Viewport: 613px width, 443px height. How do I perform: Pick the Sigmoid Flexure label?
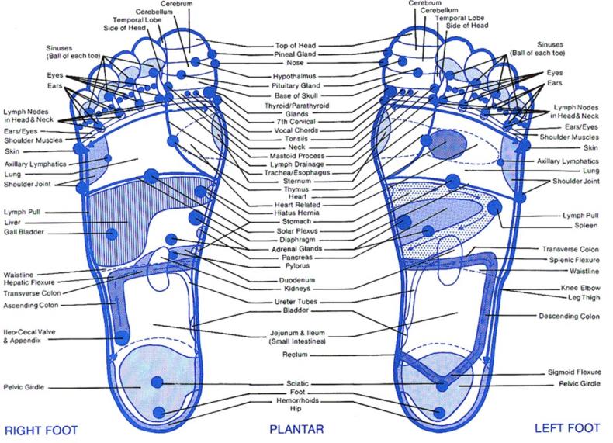[573, 373]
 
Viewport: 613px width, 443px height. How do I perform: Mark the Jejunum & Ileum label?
[300, 337]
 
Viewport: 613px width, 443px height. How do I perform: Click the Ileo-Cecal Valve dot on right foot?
[123, 337]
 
